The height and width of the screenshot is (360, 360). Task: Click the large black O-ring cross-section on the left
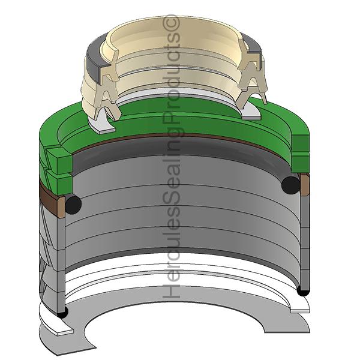pyautogui.click(x=73, y=204)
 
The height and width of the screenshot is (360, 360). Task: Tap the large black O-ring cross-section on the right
pyautogui.click(x=290, y=185)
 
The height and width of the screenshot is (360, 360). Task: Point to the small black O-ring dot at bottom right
pyautogui.click(x=303, y=292)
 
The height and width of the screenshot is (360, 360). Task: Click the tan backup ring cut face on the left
pyautogui.click(x=62, y=206)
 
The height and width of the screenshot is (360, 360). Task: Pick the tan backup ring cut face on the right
pyautogui.click(x=304, y=185)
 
